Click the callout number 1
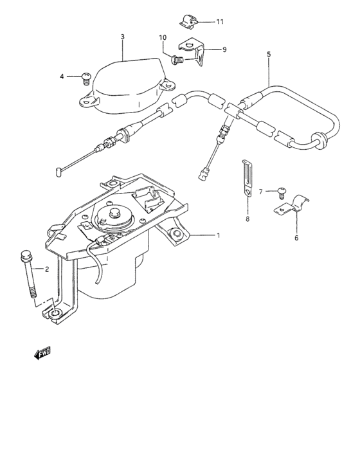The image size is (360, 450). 219,235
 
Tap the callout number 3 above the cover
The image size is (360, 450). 122,37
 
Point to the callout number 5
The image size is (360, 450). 269,55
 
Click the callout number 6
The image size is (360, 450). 296,237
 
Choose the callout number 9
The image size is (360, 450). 224,50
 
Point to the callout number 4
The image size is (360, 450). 63,76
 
